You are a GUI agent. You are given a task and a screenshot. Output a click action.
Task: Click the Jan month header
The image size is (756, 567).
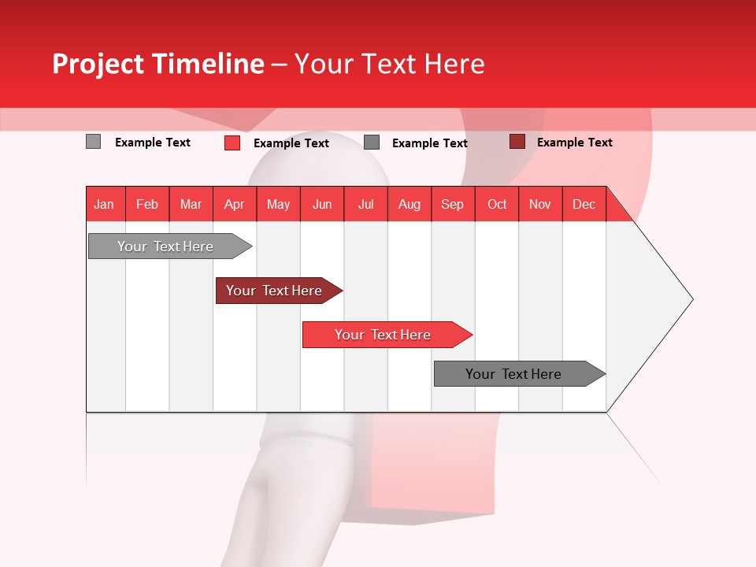click(105, 204)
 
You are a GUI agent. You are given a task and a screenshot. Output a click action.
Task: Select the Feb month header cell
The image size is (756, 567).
click(147, 204)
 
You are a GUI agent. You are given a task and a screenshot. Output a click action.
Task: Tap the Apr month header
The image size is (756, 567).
click(235, 204)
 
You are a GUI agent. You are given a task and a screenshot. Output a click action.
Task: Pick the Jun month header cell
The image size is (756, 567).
click(322, 204)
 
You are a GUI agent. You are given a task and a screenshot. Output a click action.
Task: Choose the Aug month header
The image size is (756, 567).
click(409, 204)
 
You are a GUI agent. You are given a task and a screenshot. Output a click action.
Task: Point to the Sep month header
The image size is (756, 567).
click(453, 204)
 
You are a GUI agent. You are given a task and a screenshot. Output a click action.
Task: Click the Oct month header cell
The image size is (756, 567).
click(497, 204)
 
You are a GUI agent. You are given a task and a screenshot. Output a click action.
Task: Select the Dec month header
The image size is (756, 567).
click(584, 204)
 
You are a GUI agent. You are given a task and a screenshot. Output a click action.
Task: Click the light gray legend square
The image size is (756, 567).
click(93, 142)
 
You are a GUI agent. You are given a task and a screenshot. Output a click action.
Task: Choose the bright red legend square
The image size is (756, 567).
click(232, 143)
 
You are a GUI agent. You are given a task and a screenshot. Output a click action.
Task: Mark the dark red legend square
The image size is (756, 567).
click(517, 142)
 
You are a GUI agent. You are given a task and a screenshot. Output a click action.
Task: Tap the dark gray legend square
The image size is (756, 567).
click(372, 143)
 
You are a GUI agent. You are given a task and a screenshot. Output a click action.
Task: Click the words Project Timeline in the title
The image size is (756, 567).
click(157, 64)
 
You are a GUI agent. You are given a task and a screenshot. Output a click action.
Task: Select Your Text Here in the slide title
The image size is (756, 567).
click(389, 64)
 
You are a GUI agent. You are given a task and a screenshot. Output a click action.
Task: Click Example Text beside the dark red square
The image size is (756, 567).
click(574, 143)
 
